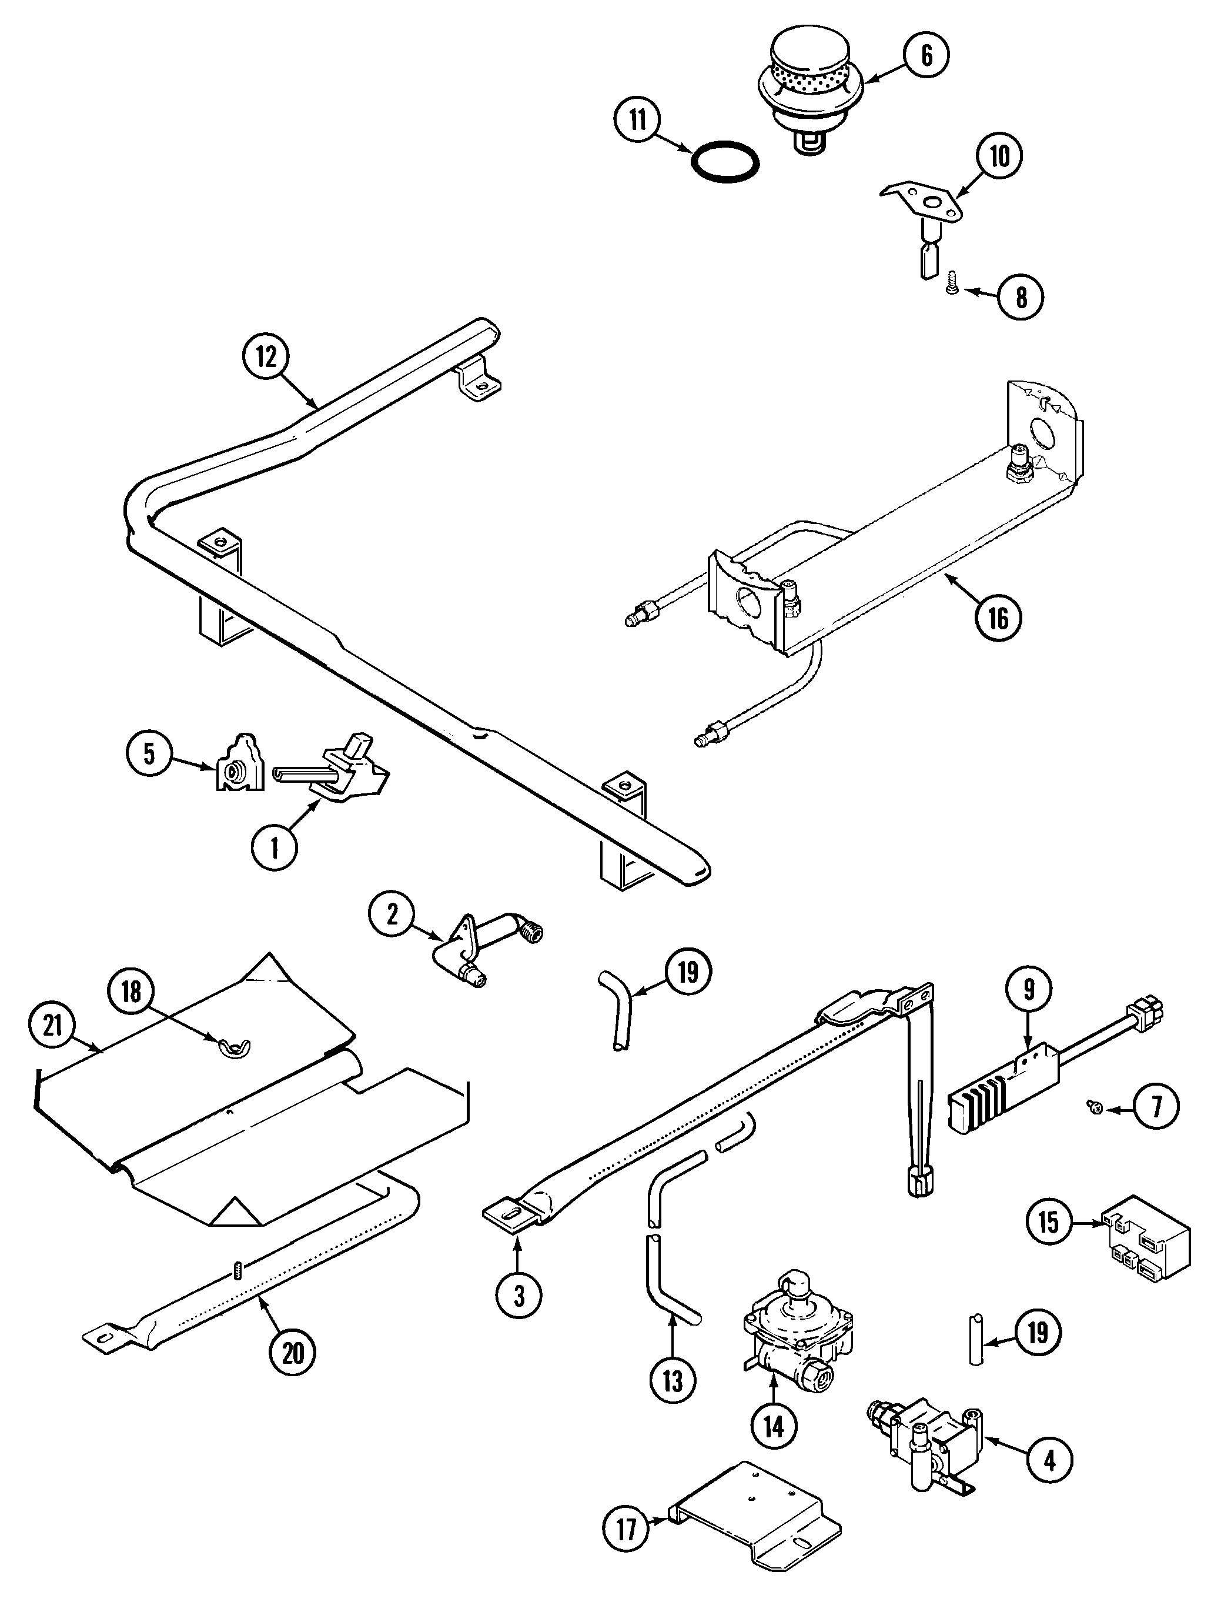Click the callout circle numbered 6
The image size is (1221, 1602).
(x=926, y=55)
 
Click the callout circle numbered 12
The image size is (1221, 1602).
(x=266, y=356)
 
